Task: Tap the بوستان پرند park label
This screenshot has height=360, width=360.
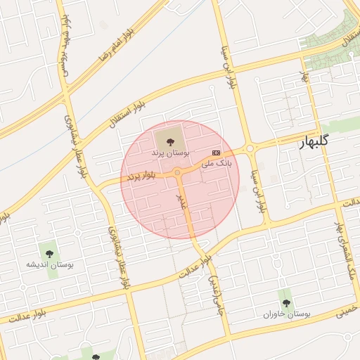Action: [x=167, y=153]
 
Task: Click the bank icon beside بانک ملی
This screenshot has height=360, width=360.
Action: [x=216, y=153]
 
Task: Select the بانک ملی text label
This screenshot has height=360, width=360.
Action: [x=216, y=163]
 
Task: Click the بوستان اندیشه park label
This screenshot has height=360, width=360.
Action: [x=50, y=265]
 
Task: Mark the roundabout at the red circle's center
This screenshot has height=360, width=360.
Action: [x=179, y=172]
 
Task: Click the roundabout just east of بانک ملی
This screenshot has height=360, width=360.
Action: [x=249, y=148]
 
